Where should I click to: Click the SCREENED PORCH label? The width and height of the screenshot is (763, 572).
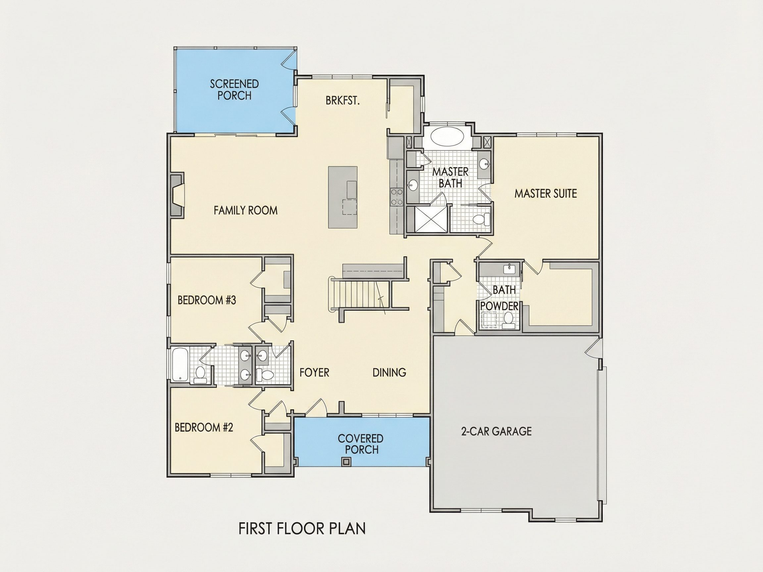click(234, 90)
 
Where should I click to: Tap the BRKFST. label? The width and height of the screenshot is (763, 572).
click(342, 101)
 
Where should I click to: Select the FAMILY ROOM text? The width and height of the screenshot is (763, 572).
click(246, 210)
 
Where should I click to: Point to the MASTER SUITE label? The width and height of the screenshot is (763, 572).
click(546, 193)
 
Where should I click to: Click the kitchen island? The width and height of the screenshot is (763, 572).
click(342, 197)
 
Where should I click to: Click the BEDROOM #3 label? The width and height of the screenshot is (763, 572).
click(207, 300)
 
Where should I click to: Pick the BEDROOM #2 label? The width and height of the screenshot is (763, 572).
click(204, 428)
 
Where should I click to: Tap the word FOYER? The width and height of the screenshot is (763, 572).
click(314, 372)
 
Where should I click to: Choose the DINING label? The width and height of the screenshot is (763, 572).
click(389, 372)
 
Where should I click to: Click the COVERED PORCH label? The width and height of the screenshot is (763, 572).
click(361, 444)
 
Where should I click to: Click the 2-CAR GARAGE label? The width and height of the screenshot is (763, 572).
click(496, 431)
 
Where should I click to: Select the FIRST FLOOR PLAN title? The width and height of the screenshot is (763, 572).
click(302, 529)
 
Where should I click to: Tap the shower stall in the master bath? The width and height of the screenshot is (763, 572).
click(431, 218)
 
